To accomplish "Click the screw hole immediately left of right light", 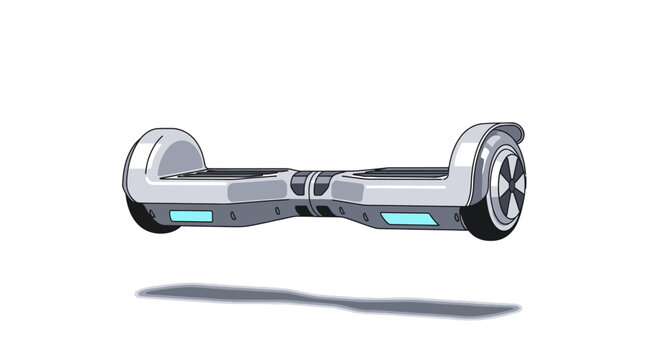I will pyautogui.click(x=367, y=216).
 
